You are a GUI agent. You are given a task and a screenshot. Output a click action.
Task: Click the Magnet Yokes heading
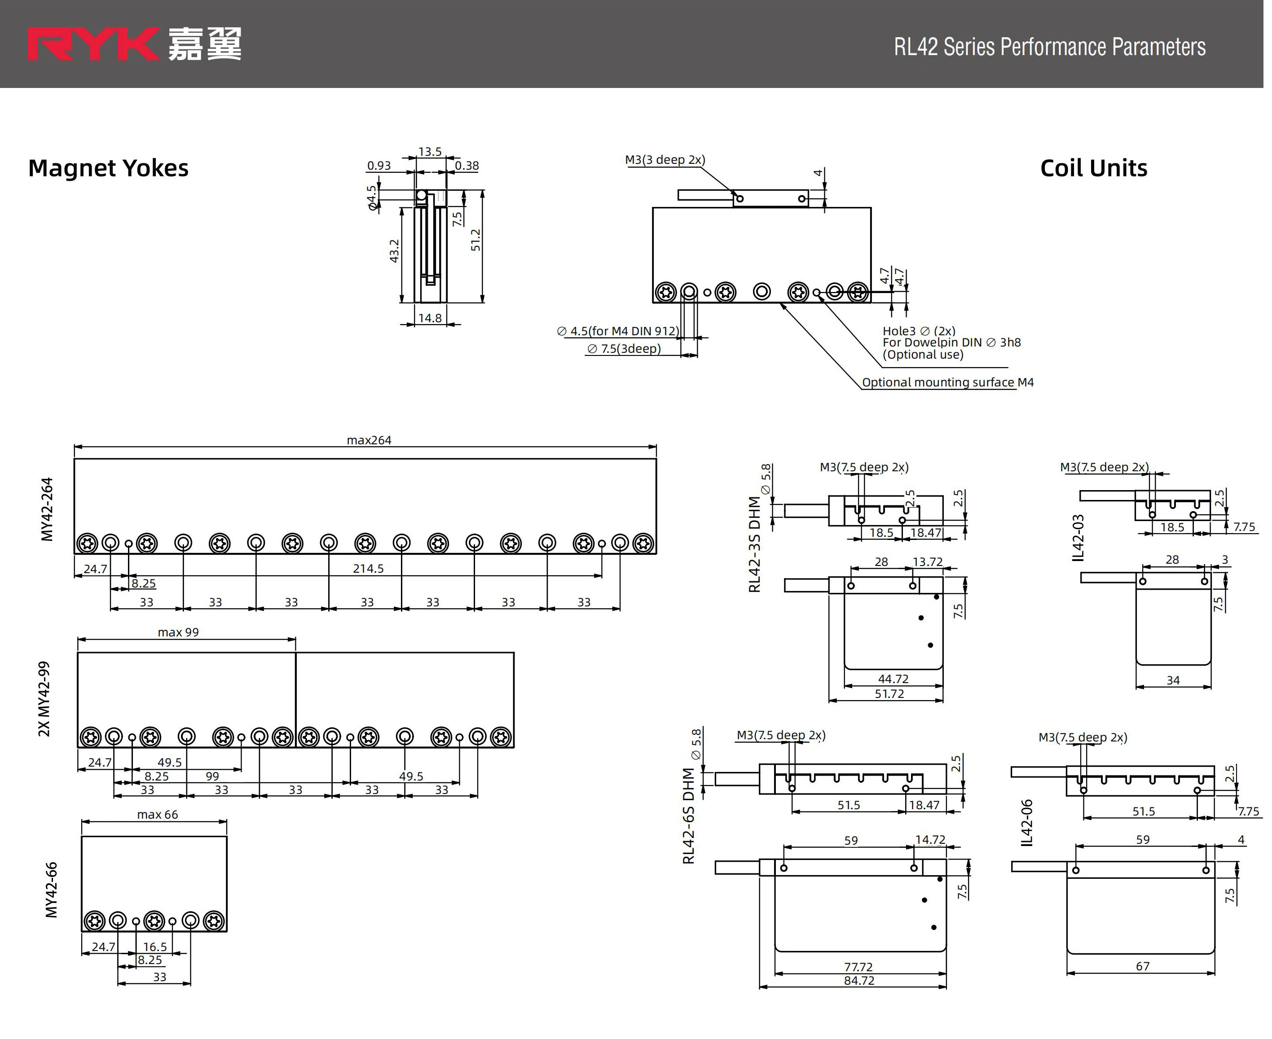pyautogui.click(x=108, y=168)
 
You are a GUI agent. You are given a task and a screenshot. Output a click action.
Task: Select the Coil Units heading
pyautogui.click(x=1094, y=168)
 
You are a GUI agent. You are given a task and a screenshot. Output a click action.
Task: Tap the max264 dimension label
pyautogui.click(x=369, y=440)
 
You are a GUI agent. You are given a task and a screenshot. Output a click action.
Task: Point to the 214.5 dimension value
pyautogui.click(x=368, y=569)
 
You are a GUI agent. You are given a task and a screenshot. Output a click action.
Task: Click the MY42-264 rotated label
pyautogui.click(x=47, y=509)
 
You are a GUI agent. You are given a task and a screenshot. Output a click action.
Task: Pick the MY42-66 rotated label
pyautogui.click(x=52, y=890)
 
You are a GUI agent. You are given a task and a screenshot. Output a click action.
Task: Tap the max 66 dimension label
pyautogui.click(x=158, y=815)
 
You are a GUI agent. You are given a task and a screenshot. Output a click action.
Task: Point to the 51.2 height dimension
pyautogui.click(x=476, y=240)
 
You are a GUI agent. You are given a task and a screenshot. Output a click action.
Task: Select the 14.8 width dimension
pyautogui.click(x=430, y=318)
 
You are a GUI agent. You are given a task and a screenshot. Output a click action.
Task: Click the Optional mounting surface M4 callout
pyautogui.click(x=947, y=382)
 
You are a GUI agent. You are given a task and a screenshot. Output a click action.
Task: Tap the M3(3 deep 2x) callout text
pyautogui.click(x=665, y=160)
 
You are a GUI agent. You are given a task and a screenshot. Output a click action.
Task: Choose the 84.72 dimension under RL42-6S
pyautogui.click(x=859, y=980)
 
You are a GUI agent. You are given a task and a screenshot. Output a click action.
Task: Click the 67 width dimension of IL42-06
pyautogui.click(x=1142, y=966)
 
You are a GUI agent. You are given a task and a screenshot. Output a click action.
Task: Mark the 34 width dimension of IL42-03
pyautogui.click(x=1173, y=680)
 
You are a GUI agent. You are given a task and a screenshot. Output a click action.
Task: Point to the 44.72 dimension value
pyautogui.click(x=893, y=679)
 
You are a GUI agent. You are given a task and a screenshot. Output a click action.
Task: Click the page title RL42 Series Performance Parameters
pyautogui.click(x=1049, y=47)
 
